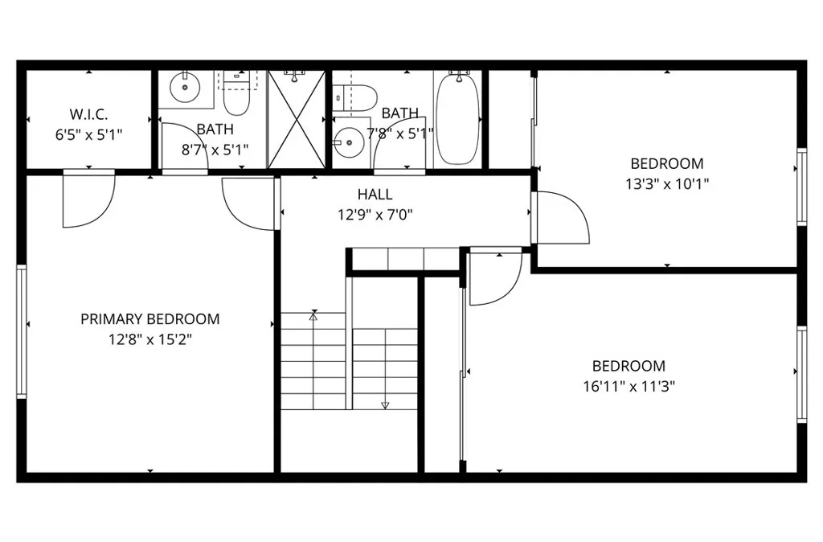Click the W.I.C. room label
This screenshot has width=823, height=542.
[x=88, y=114]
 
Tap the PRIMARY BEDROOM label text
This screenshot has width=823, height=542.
[x=149, y=319]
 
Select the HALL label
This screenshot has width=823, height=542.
[x=375, y=195]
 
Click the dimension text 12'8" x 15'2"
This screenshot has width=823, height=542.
[x=150, y=339]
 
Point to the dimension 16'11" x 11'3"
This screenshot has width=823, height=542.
[x=629, y=386]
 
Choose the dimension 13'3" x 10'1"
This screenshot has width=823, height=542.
[x=666, y=183]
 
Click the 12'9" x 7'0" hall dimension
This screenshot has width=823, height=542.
[x=375, y=215]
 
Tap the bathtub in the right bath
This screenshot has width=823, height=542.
[x=459, y=117]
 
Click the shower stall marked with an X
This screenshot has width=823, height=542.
[x=297, y=119]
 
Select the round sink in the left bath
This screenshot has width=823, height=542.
[x=186, y=88]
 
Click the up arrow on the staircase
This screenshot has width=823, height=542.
[x=313, y=317]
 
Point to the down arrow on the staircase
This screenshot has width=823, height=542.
[x=385, y=404]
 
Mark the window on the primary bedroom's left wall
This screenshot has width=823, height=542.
[x=22, y=331]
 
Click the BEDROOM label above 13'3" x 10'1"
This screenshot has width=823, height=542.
[x=666, y=163]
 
